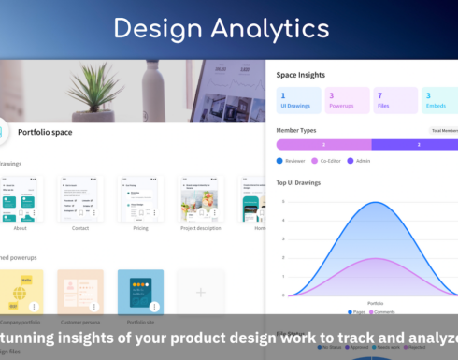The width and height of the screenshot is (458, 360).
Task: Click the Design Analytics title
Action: pyautogui.click(x=229, y=28)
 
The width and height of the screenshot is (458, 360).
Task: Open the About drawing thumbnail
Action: pyautogui.click(x=21, y=198)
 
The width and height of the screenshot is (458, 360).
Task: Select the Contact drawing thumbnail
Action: pyautogui.click(x=79, y=198)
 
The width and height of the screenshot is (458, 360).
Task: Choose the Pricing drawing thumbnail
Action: pyautogui.click(x=140, y=198)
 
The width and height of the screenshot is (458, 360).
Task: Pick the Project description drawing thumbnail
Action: pyautogui.click(x=201, y=198)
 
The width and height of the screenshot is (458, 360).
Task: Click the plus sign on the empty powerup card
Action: pyautogui.click(x=200, y=293)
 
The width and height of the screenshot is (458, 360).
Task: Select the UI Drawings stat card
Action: pyautogui.click(x=296, y=100)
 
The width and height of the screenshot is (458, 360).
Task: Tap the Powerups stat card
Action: pyautogui.click(x=346, y=100)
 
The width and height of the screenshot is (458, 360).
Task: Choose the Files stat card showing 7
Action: pyautogui.click(x=395, y=100)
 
